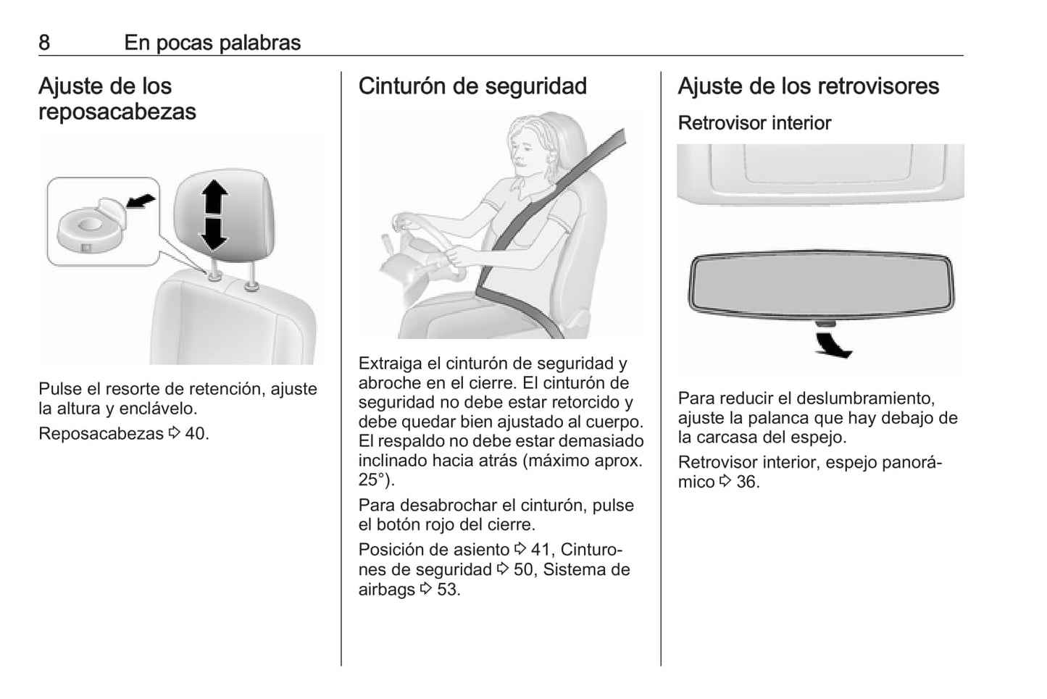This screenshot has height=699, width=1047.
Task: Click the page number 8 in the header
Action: click(x=44, y=43)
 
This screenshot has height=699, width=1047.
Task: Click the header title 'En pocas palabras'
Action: click(x=212, y=43)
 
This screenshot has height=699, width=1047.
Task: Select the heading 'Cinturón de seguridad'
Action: click(x=472, y=86)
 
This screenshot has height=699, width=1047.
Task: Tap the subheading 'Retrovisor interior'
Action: click(x=754, y=123)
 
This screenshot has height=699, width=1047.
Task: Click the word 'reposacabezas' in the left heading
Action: click(x=117, y=112)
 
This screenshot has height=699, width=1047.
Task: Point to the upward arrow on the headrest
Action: click(x=214, y=197)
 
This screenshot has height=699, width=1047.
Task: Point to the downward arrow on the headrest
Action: click(x=213, y=234)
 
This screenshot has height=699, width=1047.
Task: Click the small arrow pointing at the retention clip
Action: click(x=141, y=201)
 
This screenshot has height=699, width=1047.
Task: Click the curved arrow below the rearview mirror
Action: click(x=833, y=345)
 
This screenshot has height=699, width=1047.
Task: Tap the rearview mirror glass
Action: click(x=821, y=285)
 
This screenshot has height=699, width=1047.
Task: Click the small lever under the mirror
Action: click(x=825, y=323)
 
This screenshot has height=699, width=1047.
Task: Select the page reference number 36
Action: click(x=746, y=482)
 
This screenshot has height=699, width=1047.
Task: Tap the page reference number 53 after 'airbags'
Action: click(x=447, y=589)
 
